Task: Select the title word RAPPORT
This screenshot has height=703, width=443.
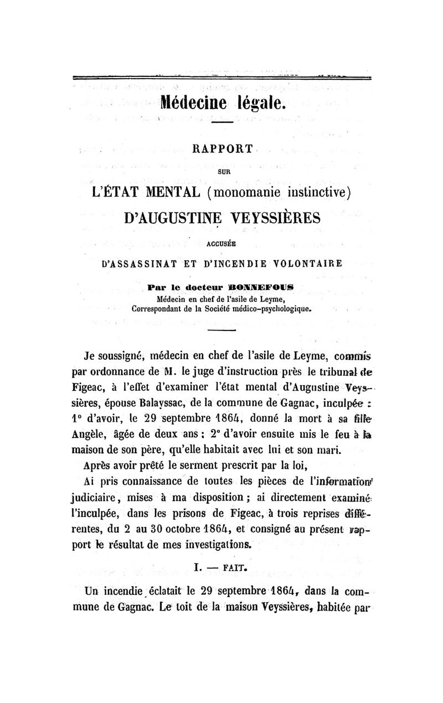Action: pyautogui.click(x=221, y=149)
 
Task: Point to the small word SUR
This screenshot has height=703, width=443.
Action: pyautogui.click(x=222, y=172)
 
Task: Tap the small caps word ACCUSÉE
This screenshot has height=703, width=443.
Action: pyautogui.click(x=221, y=242)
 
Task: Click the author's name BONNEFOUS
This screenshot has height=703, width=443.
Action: pyautogui.click(x=266, y=287)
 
